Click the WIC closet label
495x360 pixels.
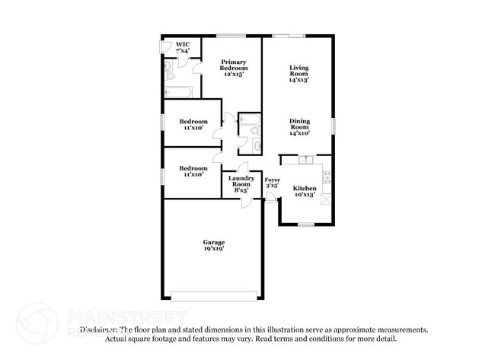[x=183, y=45]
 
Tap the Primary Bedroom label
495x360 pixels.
[x=234, y=68]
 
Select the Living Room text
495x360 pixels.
[x=299, y=72]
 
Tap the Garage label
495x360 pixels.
[x=213, y=242]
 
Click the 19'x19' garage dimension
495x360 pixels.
[x=213, y=249]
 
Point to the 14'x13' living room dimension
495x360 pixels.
[x=299, y=80]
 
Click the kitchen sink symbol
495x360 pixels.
[x=305, y=160]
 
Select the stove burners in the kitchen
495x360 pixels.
[x=327, y=177]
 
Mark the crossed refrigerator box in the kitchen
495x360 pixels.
[x=327, y=199]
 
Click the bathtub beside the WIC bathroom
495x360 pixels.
[x=177, y=93]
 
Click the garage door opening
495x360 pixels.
[x=213, y=296]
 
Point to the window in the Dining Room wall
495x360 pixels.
[x=332, y=124]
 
